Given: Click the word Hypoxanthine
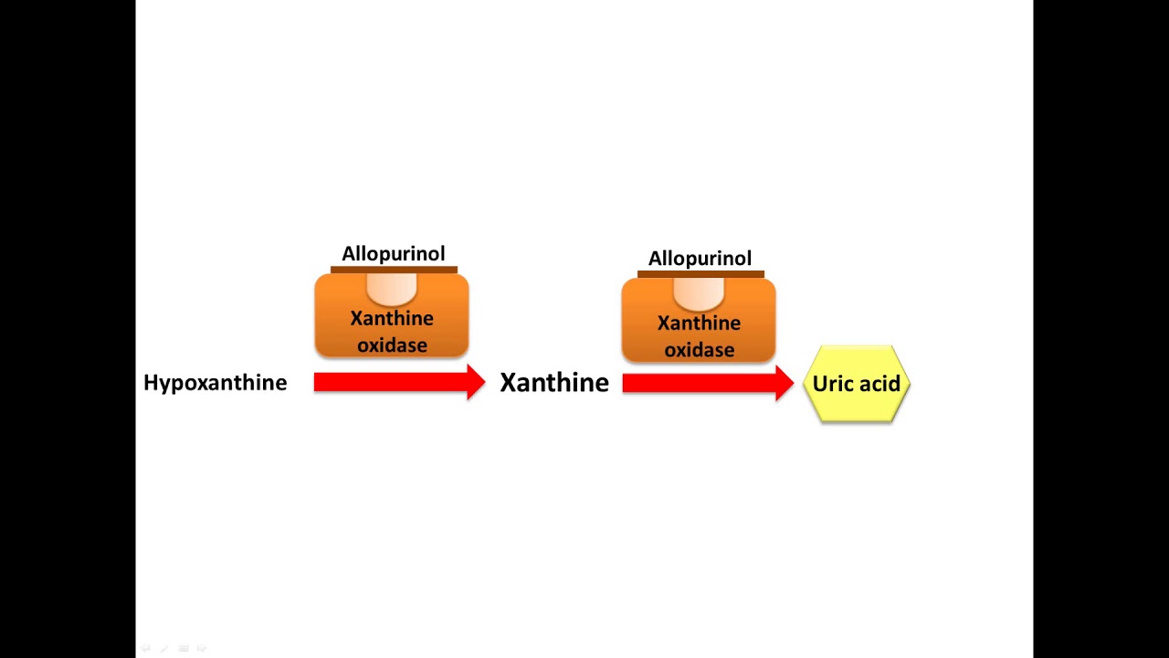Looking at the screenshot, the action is [215, 383].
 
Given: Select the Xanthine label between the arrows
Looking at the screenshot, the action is [553, 383].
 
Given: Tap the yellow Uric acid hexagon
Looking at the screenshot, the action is [857, 384].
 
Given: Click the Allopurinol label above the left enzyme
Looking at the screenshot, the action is [393, 253].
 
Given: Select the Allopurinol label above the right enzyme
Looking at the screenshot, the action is [700, 259].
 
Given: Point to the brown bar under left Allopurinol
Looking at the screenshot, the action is [394, 270].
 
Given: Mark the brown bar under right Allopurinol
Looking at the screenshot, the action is [700, 274].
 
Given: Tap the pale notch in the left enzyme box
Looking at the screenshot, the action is [392, 289].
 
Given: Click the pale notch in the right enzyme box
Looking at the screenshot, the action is [699, 293].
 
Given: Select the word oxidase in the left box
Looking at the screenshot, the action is [392, 345].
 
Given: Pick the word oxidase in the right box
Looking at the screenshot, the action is [699, 350].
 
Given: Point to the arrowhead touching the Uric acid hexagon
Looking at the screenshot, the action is [784, 384].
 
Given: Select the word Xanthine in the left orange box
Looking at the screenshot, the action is [392, 319].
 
